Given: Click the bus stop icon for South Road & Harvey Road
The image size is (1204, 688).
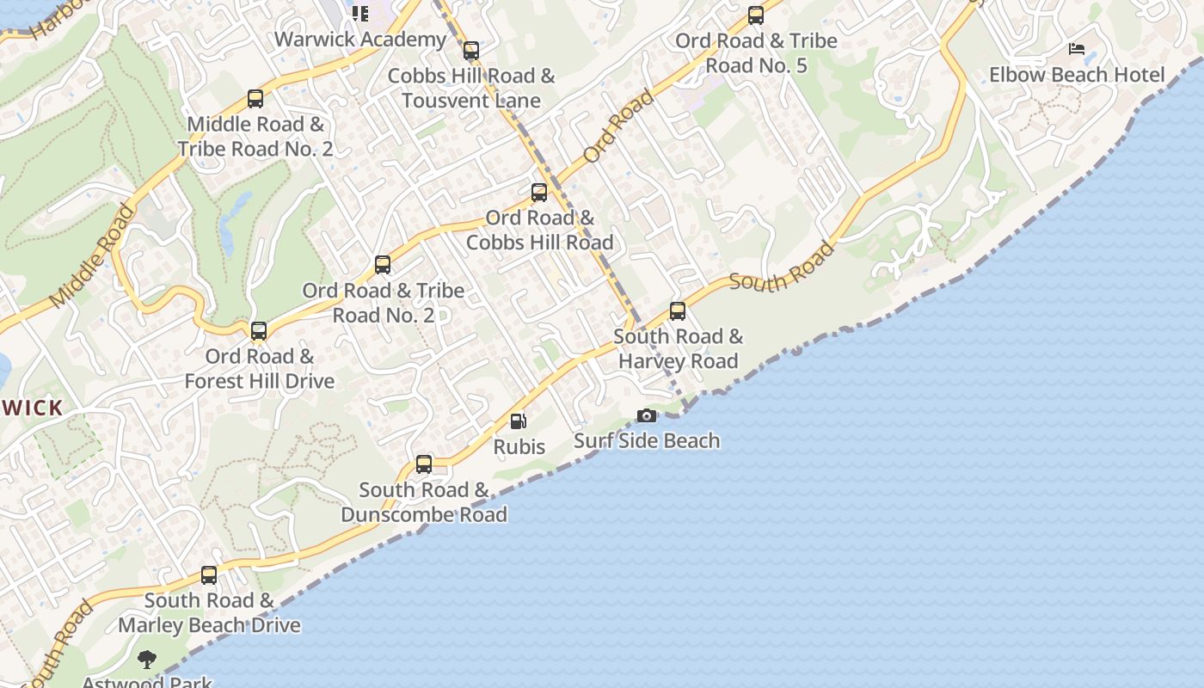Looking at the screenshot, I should pyautogui.click(x=678, y=311).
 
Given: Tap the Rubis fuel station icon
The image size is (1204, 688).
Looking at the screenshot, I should pyautogui.click(x=519, y=421).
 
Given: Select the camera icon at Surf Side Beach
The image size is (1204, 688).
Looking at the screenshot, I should pyautogui.click(x=647, y=416).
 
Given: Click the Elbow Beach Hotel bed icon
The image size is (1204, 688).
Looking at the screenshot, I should pyautogui.click(x=1077, y=49).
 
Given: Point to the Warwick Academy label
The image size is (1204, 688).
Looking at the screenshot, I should pyautogui.click(x=360, y=40).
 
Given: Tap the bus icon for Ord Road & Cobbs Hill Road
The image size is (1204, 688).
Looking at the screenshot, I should pyautogui.click(x=539, y=193).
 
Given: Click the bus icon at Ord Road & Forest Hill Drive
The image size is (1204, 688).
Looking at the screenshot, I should pyautogui.click(x=259, y=331).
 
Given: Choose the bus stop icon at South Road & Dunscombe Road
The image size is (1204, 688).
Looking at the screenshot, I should pyautogui.click(x=424, y=464).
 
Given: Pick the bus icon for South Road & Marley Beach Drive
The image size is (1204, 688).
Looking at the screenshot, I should pyautogui.click(x=209, y=575).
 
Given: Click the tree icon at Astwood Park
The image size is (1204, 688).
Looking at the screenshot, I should pyautogui.click(x=147, y=660).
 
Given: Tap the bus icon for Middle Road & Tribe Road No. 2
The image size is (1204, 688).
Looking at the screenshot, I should pyautogui.click(x=255, y=99).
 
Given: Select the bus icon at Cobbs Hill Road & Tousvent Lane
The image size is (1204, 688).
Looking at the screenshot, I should pyautogui.click(x=471, y=51).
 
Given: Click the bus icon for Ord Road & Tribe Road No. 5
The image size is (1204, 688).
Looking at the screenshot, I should pyautogui.click(x=756, y=15).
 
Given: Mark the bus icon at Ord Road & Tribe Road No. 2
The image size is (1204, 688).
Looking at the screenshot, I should pyautogui.click(x=383, y=265).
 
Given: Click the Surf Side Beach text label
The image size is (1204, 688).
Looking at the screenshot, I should pyautogui.click(x=647, y=441).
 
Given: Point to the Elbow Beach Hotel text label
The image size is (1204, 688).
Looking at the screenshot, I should pyautogui.click(x=1077, y=75).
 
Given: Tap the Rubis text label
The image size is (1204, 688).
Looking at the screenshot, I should pyautogui.click(x=519, y=447).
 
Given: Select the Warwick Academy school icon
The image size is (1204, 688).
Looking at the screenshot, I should pyautogui.click(x=360, y=14).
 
